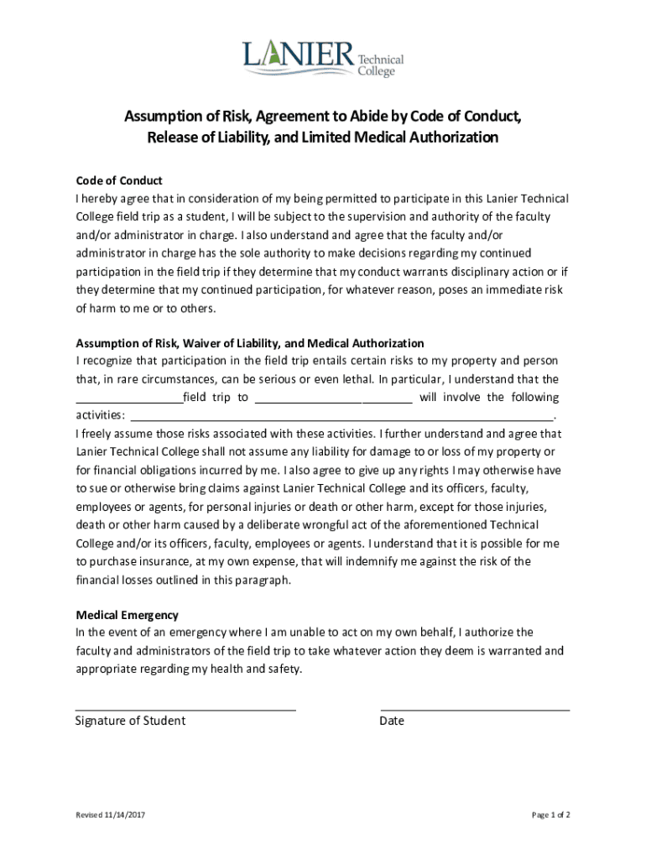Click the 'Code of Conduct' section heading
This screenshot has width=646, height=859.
tap(118, 180)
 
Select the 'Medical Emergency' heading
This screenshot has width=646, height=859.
tap(127, 615)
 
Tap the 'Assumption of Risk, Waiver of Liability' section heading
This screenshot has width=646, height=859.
tap(250, 343)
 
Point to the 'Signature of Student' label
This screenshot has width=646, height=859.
tap(130, 721)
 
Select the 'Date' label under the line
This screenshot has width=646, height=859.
tap(392, 721)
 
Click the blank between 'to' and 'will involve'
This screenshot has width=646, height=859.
tap(332, 398)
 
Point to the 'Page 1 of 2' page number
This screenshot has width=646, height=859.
tap(551, 815)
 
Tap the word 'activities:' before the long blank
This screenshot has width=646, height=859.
tap(101, 415)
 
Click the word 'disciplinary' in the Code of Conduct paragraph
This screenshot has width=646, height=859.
tap(476, 272)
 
